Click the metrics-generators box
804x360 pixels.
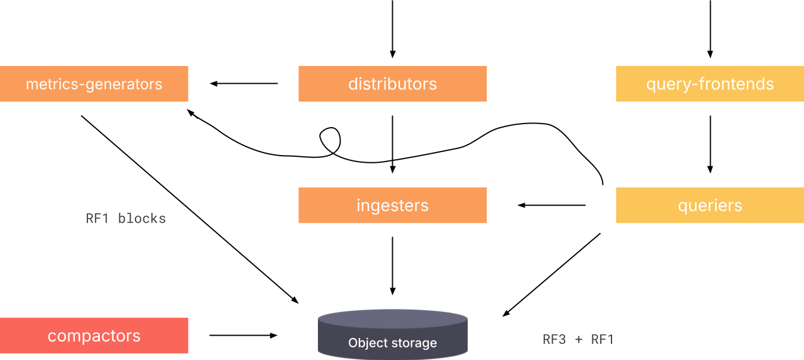tap(94, 84)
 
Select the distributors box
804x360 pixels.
tap(392, 84)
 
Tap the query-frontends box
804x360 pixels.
tap(710, 84)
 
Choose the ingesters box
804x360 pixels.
tap(392, 206)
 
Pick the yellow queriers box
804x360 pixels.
tap(710, 206)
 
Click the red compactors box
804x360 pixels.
tap(94, 336)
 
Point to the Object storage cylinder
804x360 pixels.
tap(392, 336)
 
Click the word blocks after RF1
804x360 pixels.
tap(142, 219)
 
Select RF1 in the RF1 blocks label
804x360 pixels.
tap(98, 219)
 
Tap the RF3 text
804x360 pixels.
tap(554, 339)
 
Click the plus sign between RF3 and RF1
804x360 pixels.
tap(578, 340)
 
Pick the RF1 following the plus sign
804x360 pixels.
tap(603, 339)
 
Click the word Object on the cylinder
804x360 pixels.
tap(365, 343)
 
